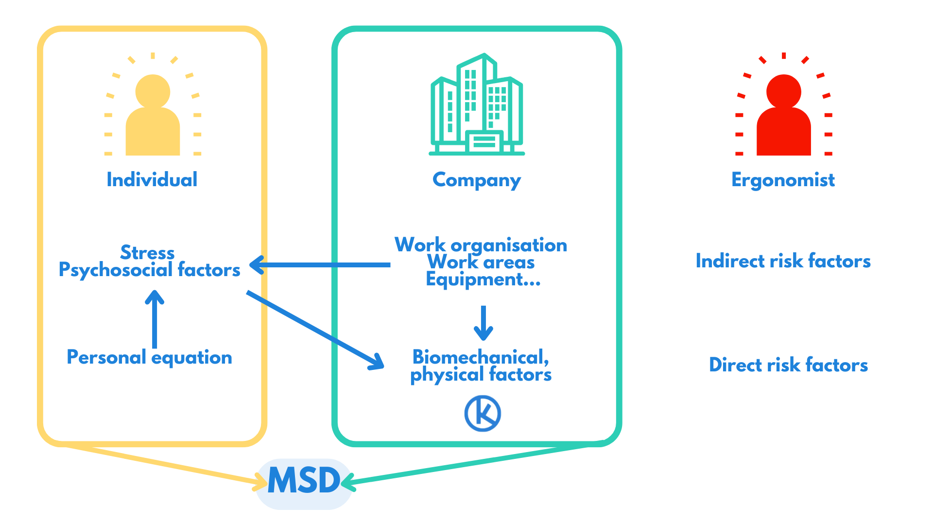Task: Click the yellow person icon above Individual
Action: coord(153,116)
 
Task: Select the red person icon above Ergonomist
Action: coord(783,116)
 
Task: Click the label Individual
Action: coord(152,180)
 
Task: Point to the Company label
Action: coord(477,180)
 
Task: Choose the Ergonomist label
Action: coord(783,180)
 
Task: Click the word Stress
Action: coord(147,252)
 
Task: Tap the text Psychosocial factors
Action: coord(149,270)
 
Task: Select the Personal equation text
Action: coord(149,358)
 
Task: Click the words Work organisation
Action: coord(481,245)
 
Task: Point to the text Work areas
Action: coord(481,262)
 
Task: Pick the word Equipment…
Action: coord(483,280)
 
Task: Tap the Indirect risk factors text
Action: coord(783,261)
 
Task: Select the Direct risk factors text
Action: coord(788,365)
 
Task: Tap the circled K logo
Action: coord(483,413)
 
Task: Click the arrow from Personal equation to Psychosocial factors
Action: coord(155,319)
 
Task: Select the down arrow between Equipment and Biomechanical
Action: coord(483,323)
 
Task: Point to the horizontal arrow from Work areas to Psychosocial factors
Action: coord(321,265)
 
